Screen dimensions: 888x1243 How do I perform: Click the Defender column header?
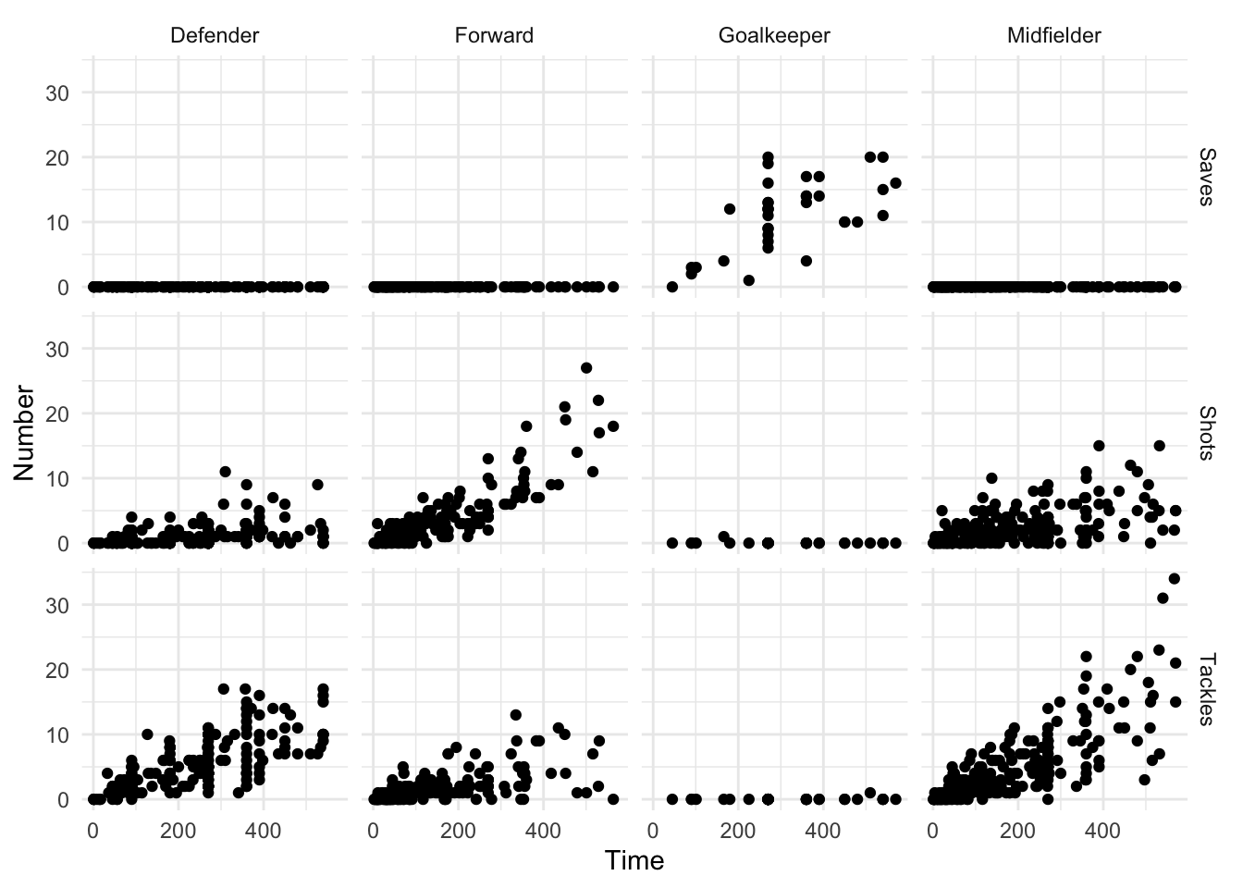(215, 36)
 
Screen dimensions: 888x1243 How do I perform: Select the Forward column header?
(494, 36)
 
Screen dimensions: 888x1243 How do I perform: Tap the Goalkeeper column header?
(774, 36)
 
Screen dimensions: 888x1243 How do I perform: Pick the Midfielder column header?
(1054, 36)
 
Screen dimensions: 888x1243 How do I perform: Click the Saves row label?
(1206, 177)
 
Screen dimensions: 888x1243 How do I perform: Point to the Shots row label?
(1206, 432)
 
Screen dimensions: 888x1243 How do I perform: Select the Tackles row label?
(1206, 688)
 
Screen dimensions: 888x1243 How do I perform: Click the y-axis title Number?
(24, 433)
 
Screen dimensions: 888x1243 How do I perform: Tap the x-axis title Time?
(634, 861)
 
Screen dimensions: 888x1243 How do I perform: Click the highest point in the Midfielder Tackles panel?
(1175, 579)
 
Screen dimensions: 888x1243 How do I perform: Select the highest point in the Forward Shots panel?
(586, 368)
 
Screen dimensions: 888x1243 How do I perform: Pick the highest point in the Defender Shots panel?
(225, 472)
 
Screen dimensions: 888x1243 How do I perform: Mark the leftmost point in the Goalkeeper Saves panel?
(672, 287)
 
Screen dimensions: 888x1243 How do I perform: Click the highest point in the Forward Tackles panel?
(516, 715)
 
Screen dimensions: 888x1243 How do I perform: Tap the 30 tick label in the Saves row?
(57, 92)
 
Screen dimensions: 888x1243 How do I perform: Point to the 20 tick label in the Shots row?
(57, 413)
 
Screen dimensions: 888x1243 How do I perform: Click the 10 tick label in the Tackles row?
(57, 734)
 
